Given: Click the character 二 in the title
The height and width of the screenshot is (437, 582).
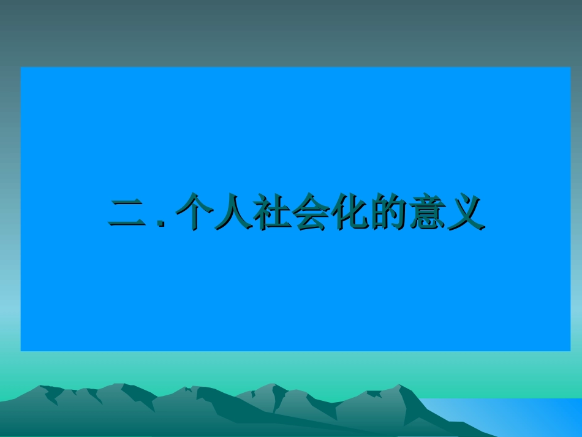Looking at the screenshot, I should pos(126,213).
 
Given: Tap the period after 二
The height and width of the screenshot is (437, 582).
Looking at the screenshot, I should pos(161,224).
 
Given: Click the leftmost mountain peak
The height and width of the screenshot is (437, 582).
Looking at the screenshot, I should pos(42,387).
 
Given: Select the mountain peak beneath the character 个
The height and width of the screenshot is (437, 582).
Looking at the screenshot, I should pos(184,388).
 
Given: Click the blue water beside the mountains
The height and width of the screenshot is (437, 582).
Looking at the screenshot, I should pos(521,417).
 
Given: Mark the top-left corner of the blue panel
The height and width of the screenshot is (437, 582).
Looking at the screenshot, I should pos(21,67).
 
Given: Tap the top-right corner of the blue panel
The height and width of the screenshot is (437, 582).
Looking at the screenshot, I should pos(569,67).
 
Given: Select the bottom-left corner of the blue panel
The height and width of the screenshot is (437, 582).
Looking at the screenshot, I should pos(21,350).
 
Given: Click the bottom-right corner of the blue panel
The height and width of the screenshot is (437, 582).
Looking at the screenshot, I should pos(569,350).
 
